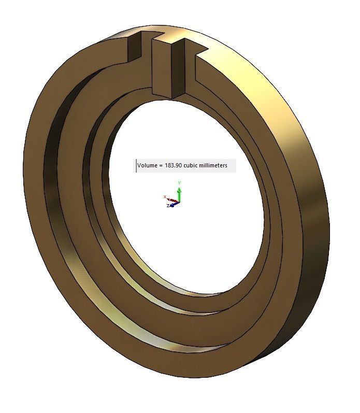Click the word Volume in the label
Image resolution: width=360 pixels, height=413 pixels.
point(147,166)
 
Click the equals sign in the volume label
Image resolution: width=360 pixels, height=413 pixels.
point(160,166)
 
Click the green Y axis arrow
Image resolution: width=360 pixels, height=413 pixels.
point(179,193)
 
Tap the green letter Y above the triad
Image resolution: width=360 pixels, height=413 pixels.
point(179,183)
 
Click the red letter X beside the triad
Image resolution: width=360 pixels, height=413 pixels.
point(165,197)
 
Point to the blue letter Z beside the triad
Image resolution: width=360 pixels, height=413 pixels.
point(168,206)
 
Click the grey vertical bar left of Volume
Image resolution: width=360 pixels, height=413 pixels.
point(136,166)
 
